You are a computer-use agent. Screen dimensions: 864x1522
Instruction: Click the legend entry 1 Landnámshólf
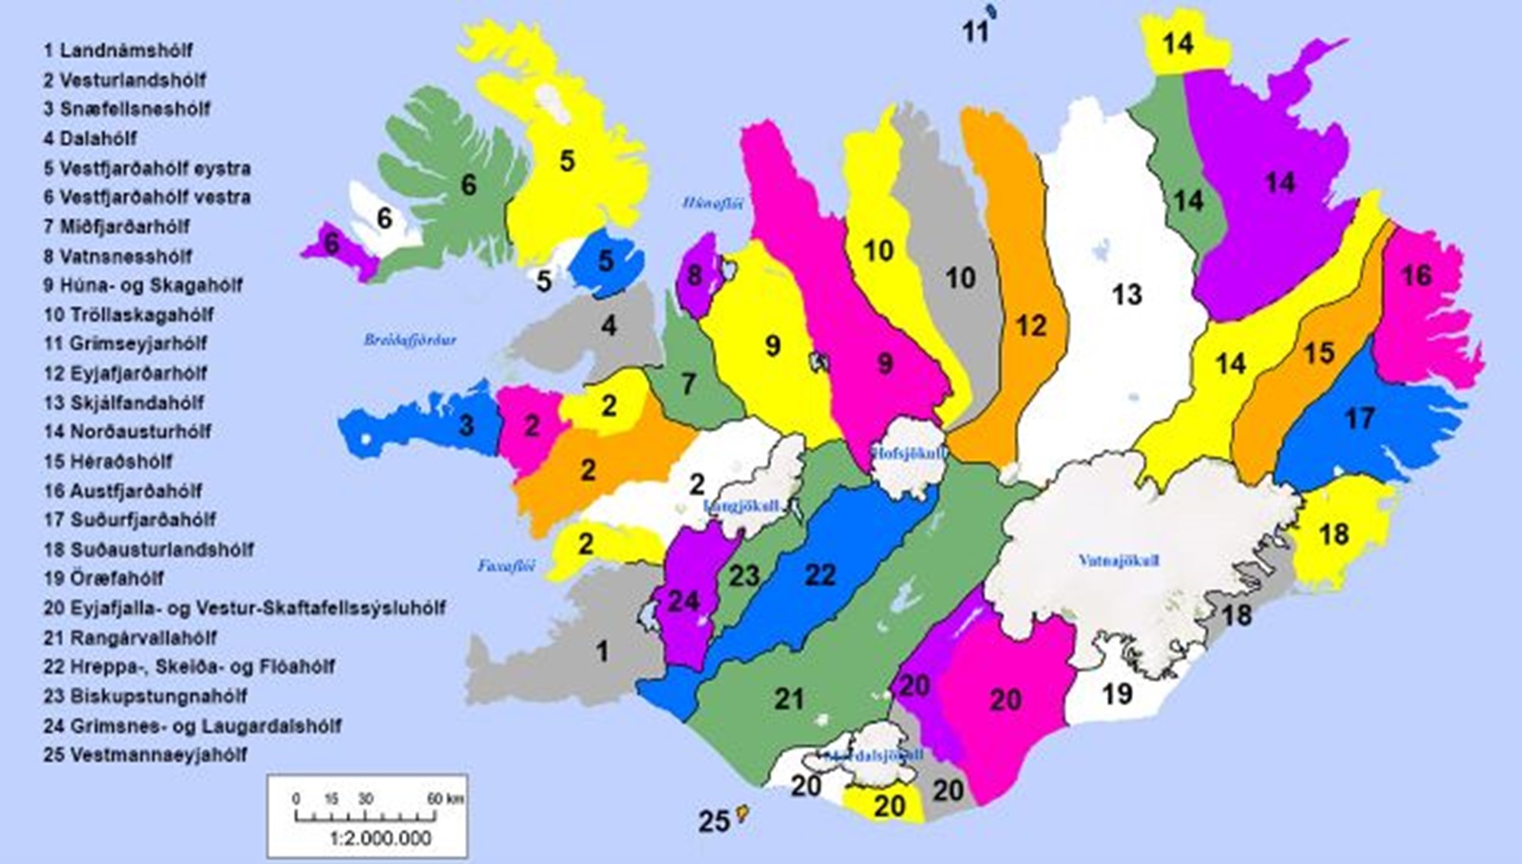click(118, 51)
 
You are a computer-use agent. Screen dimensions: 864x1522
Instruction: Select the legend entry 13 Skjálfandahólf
click(124, 403)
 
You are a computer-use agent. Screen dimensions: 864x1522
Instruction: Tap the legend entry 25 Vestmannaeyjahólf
click(145, 755)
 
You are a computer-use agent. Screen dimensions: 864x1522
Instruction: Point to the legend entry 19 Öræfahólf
click(104, 579)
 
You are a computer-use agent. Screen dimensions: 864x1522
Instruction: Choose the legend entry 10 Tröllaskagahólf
click(129, 314)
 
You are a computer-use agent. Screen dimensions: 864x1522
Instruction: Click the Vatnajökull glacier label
click(1118, 561)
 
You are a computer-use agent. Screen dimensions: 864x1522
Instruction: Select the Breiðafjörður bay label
click(410, 340)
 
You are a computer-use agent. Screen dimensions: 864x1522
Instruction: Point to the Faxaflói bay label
click(506, 566)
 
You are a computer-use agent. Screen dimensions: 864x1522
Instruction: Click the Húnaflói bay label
click(713, 202)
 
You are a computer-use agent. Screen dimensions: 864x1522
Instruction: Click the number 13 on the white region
click(1127, 295)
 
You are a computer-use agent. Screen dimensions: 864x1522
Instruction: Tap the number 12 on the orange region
click(1031, 326)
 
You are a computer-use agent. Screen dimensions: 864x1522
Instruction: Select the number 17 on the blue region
click(1360, 418)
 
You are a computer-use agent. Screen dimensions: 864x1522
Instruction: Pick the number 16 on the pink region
click(1416, 276)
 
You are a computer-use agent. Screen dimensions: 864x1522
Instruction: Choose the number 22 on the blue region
click(820, 575)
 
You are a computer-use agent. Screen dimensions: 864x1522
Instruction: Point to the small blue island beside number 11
click(991, 12)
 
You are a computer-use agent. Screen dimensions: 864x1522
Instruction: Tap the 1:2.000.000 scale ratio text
click(381, 838)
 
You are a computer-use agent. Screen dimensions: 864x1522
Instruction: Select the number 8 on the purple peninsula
click(694, 276)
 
